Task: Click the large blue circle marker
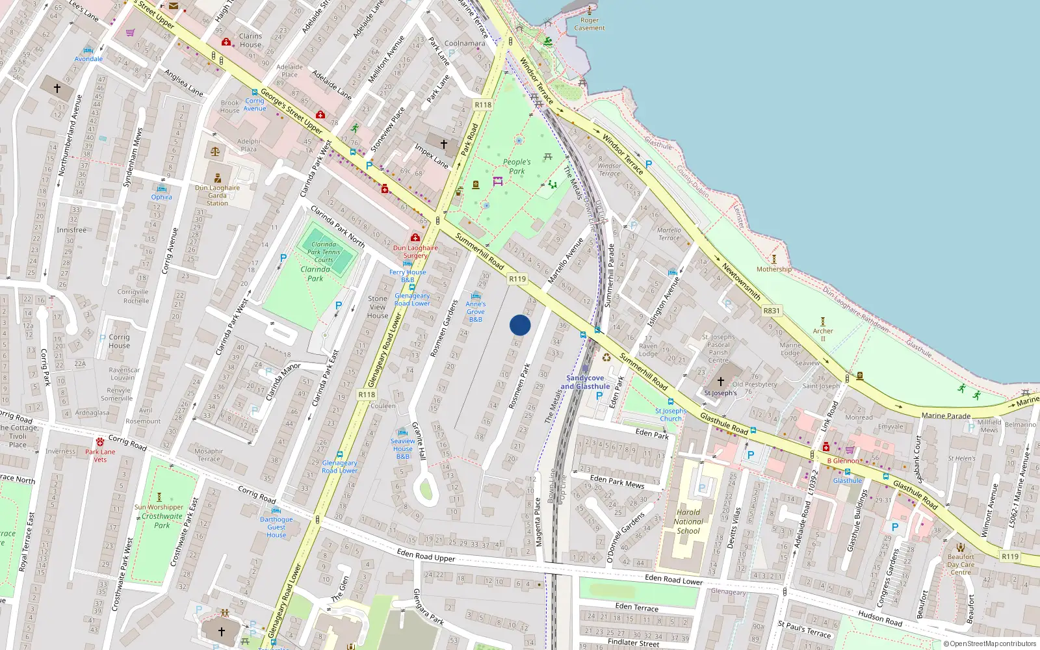point(520,325)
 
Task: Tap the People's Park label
point(517,166)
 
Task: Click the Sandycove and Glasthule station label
point(585,382)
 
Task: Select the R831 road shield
point(772,311)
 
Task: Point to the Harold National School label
point(688,521)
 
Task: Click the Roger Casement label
point(590,24)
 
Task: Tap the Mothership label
point(773,269)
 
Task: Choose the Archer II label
point(823,335)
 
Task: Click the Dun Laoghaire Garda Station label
point(217,195)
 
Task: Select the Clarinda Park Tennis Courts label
point(324,252)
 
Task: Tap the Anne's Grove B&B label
point(476,311)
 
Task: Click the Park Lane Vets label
point(100,456)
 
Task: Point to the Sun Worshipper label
point(159,507)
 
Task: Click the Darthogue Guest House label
point(276,527)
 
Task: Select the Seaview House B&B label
point(403,448)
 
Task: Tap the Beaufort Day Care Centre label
point(961,564)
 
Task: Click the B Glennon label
point(843,461)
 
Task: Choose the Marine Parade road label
point(946,415)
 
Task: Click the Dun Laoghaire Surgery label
point(415,252)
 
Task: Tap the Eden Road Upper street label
point(426,554)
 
